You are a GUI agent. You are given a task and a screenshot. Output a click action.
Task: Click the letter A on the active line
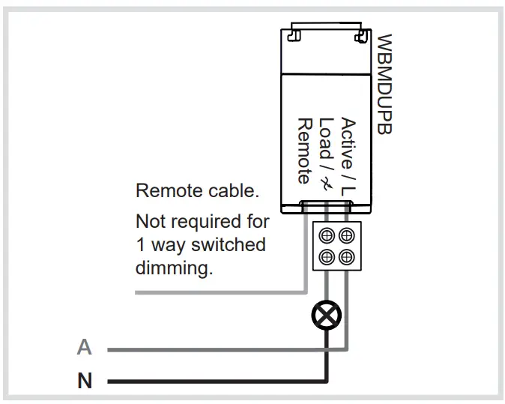[85, 348]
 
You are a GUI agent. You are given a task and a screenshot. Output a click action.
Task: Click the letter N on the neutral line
[85, 382]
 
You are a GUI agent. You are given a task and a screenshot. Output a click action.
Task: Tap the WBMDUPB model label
[384, 83]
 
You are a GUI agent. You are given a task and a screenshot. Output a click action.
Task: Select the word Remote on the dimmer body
[304, 151]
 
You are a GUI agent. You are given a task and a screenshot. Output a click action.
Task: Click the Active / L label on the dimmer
[348, 157]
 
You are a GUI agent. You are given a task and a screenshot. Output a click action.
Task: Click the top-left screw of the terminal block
[327, 235]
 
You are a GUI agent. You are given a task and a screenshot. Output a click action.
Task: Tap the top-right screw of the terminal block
[345, 235]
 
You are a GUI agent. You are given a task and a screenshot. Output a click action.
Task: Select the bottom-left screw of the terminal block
[327, 257]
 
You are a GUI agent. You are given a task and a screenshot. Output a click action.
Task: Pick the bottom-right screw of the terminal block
[345, 257]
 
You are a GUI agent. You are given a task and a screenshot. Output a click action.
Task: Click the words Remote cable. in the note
[197, 191]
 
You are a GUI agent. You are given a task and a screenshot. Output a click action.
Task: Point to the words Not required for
[202, 222]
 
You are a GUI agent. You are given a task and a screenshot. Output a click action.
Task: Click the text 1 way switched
[200, 245]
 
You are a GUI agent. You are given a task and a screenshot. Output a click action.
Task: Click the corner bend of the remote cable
[306, 291]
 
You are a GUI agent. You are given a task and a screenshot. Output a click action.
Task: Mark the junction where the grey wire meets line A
[345, 349]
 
